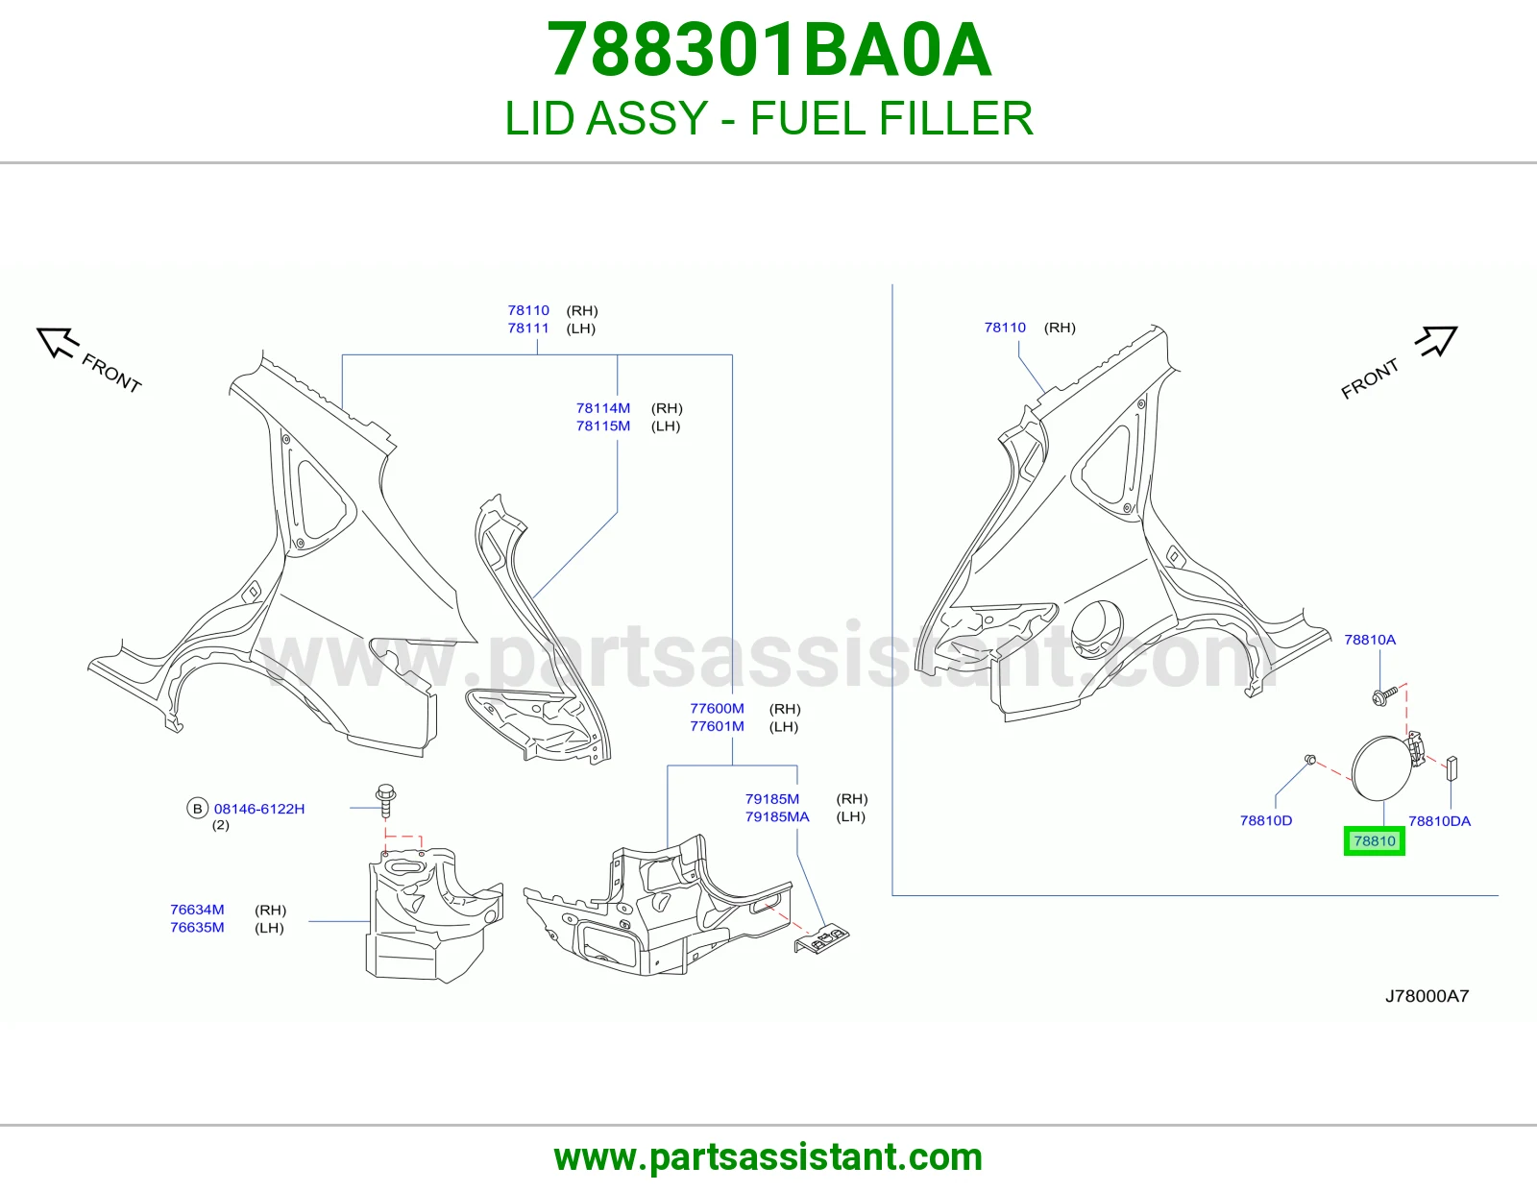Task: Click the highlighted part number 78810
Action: coord(1375,841)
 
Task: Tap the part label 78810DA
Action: coord(1439,821)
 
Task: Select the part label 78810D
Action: coord(1266,820)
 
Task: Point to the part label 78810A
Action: coord(1370,640)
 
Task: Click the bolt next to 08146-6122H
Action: coord(386,801)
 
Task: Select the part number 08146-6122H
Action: coord(259,809)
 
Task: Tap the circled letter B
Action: coord(197,809)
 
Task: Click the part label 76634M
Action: coord(197,910)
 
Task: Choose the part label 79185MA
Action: coord(777,816)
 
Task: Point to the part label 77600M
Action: coord(718,708)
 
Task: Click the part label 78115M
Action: coord(603,425)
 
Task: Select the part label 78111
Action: coord(528,328)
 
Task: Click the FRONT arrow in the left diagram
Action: coord(57,342)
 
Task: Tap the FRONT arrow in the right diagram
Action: coord(1436,341)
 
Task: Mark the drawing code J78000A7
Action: coord(1427,996)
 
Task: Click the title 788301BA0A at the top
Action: coord(768,50)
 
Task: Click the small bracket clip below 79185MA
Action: coord(821,938)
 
